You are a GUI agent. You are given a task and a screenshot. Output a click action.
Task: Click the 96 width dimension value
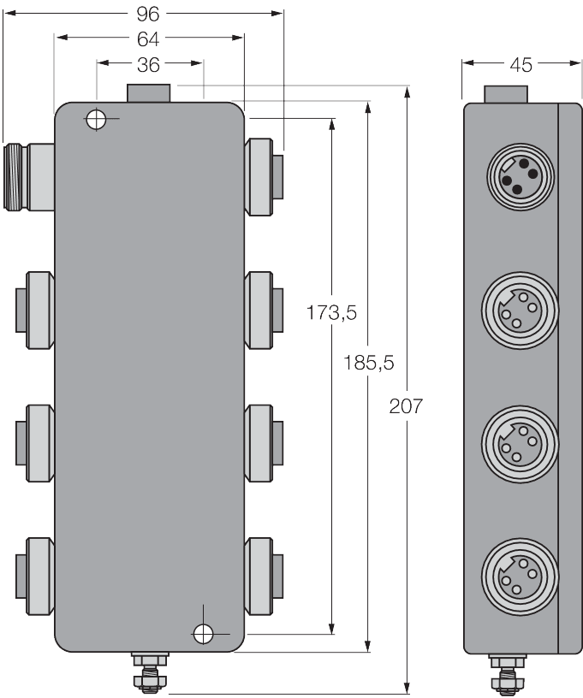tap(149, 14)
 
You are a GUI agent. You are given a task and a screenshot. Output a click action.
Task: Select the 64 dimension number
tap(148, 38)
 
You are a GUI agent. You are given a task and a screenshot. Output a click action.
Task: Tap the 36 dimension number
tap(148, 64)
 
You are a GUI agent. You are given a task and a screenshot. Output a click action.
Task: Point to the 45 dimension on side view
tap(521, 63)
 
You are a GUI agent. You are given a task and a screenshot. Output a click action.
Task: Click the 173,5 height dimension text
tap(331, 313)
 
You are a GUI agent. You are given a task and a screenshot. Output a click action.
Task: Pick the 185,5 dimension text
tap(368, 363)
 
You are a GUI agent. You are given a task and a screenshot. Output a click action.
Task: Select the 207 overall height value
tap(406, 406)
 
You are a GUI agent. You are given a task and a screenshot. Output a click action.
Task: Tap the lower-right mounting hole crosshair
tap(203, 633)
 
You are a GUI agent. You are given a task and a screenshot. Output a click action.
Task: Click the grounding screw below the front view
tap(149, 671)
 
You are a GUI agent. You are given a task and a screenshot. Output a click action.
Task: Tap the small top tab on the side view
tap(508, 93)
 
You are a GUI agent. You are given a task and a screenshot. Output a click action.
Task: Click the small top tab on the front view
tap(149, 92)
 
